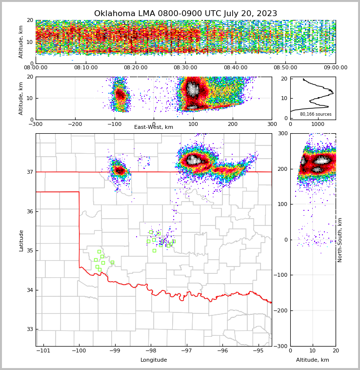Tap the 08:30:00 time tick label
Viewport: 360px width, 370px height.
[x=185, y=68]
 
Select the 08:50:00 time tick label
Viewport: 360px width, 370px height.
[x=285, y=68]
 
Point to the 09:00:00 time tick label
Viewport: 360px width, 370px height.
[x=335, y=68]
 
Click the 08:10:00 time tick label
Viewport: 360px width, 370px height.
[x=85, y=68]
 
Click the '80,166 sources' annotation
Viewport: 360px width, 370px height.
[x=316, y=114]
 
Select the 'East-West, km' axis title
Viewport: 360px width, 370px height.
[x=154, y=127]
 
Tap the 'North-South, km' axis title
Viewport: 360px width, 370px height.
[x=340, y=240]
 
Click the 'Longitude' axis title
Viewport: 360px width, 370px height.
[x=154, y=360]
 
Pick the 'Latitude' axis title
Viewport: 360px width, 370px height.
[x=21, y=240]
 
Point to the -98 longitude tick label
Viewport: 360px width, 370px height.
[x=150, y=350]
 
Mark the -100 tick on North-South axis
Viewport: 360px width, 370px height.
[x=281, y=275]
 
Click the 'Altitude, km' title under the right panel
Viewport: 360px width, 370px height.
[x=313, y=360]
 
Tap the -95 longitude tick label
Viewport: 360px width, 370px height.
[x=258, y=350]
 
